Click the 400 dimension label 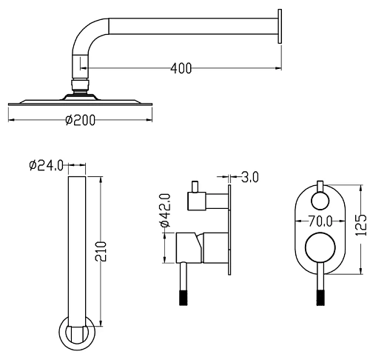[181, 68]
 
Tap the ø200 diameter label [81, 120]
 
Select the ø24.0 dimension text [46, 165]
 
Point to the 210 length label [101, 251]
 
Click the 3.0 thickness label [249, 177]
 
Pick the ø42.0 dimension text [165, 210]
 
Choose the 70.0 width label [320, 221]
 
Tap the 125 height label [361, 225]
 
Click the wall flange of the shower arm [280, 27]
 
